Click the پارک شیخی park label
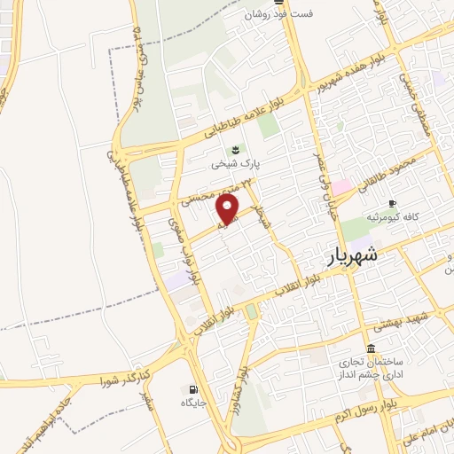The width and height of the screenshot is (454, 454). pos(231,164)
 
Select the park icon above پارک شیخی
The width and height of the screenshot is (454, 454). pos(235,148)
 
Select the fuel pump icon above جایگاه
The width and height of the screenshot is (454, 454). pos(192,388)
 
